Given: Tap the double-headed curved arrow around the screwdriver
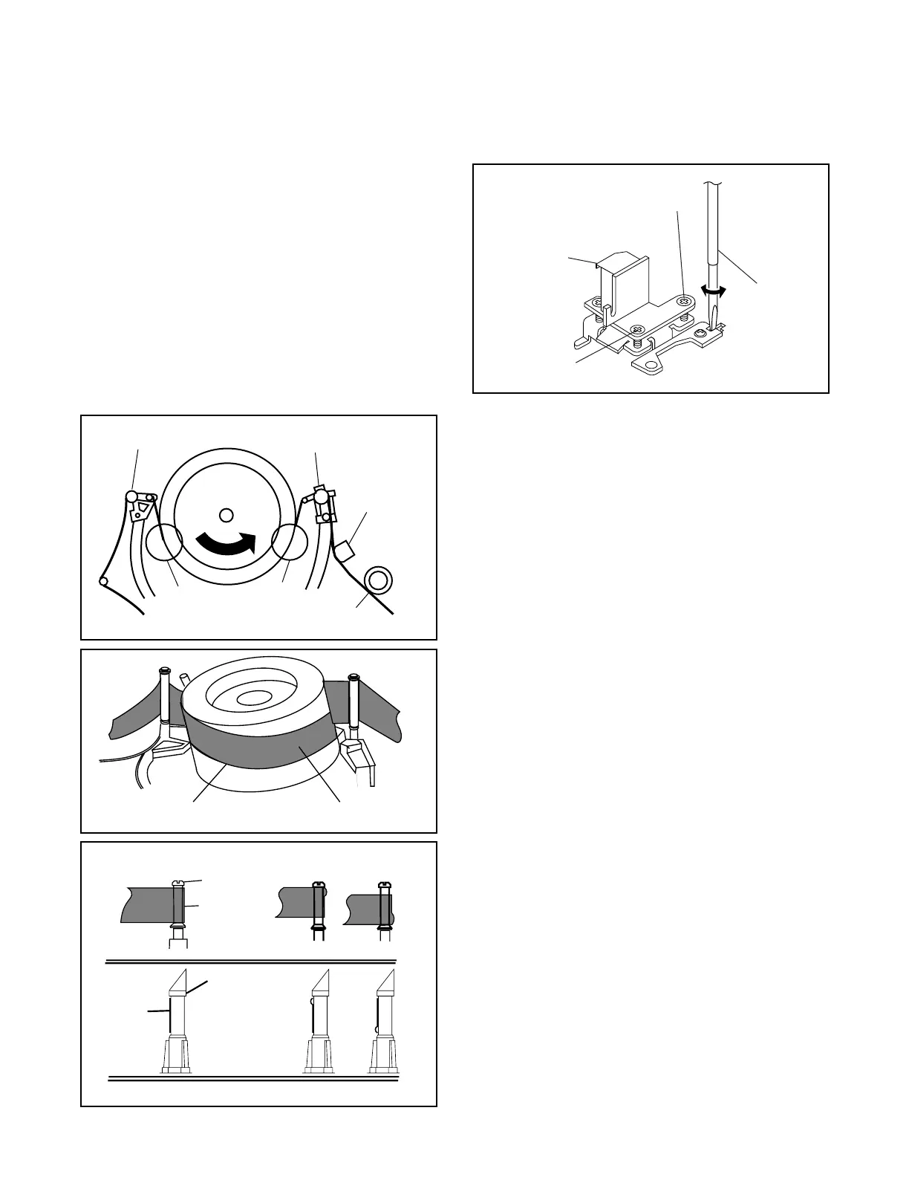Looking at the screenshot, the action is click(x=714, y=292).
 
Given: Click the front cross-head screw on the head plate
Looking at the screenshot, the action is click(x=636, y=329).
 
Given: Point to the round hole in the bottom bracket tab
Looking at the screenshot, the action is click(x=651, y=366).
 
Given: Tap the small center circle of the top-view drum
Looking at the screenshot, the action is click(x=227, y=514).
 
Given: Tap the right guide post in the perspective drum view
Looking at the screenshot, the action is click(x=353, y=702).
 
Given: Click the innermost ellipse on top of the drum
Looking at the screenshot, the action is click(x=255, y=698).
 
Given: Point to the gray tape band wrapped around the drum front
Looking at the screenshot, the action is click(x=260, y=747).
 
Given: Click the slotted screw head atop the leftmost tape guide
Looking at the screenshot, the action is click(x=178, y=882).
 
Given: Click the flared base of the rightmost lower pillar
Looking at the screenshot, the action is click(x=385, y=1056).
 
